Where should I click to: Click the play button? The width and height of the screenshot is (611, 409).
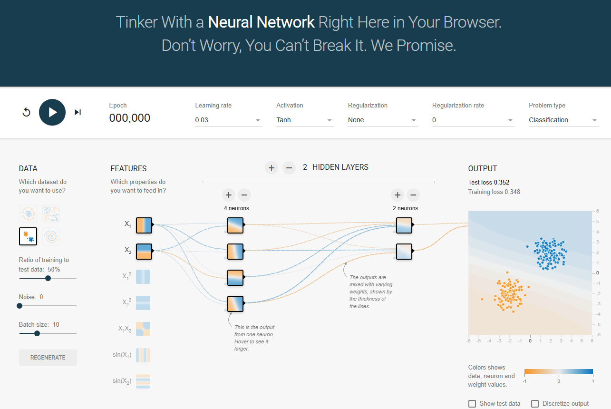(52, 112)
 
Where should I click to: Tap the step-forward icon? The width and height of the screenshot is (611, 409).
(78, 112)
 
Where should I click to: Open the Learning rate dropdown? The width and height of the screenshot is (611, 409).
(228, 120)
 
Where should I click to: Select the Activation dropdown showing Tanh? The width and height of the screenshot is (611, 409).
(305, 120)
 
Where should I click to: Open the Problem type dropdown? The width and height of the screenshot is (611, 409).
(563, 120)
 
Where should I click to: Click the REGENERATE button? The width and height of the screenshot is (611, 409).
(48, 358)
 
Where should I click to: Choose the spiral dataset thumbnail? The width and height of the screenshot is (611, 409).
(51, 236)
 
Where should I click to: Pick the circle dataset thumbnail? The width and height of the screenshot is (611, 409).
(28, 214)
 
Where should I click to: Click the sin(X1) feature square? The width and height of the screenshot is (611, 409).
(143, 355)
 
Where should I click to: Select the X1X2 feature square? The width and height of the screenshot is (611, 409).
(143, 329)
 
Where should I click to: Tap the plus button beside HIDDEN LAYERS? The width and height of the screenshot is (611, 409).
(272, 167)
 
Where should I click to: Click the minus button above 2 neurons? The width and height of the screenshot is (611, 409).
(413, 195)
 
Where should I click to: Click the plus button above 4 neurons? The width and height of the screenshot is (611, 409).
(228, 195)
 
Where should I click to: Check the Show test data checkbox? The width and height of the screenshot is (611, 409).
(472, 404)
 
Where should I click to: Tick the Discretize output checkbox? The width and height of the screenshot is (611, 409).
(535, 404)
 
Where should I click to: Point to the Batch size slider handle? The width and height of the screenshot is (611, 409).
(37, 333)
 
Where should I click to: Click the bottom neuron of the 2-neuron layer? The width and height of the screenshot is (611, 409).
(404, 251)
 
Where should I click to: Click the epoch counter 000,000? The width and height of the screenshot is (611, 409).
(130, 118)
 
